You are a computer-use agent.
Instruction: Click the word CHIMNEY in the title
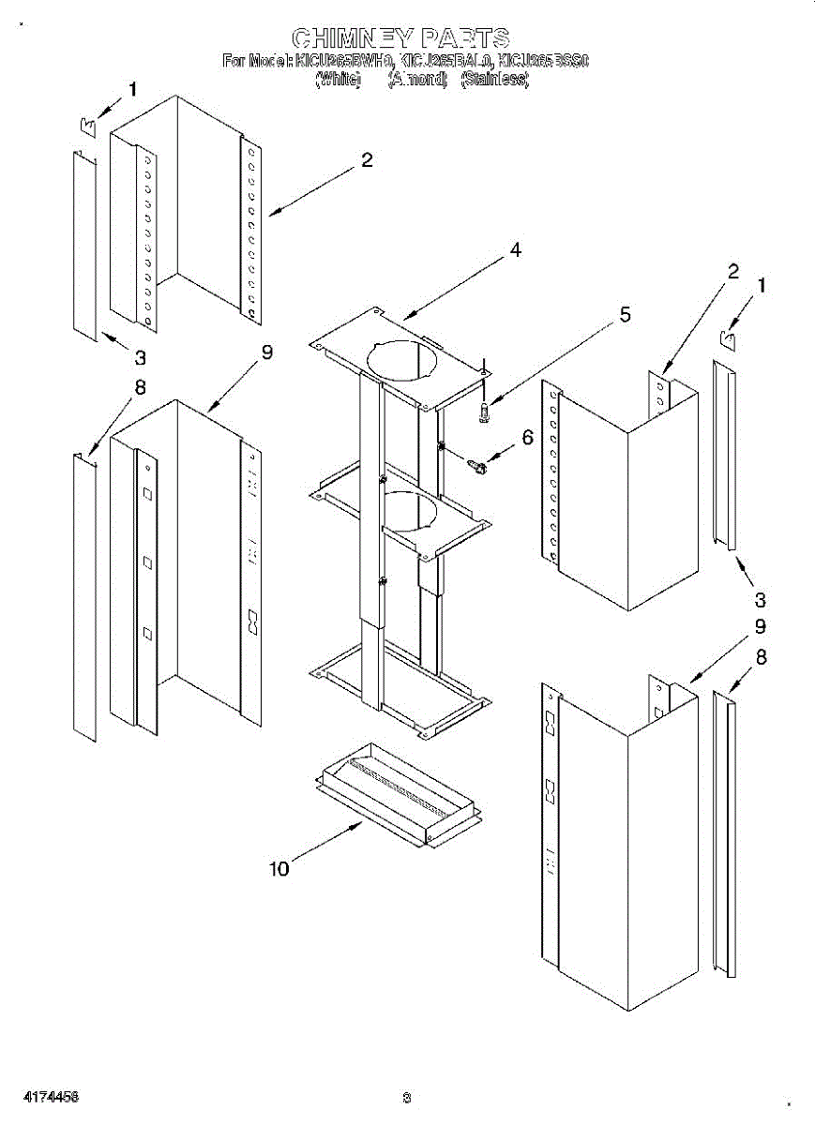click(x=351, y=37)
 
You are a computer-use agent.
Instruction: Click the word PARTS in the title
click(x=465, y=37)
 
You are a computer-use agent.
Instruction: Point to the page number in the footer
click(x=406, y=1098)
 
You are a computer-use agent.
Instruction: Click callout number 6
click(x=526, y=437)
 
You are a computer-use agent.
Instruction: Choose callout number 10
click(x=279, y=868)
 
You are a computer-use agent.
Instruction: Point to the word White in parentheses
click(x=338, y=81)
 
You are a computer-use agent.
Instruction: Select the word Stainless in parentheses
click(x=494, y=81)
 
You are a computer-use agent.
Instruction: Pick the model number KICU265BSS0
click(x=543, y=62)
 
